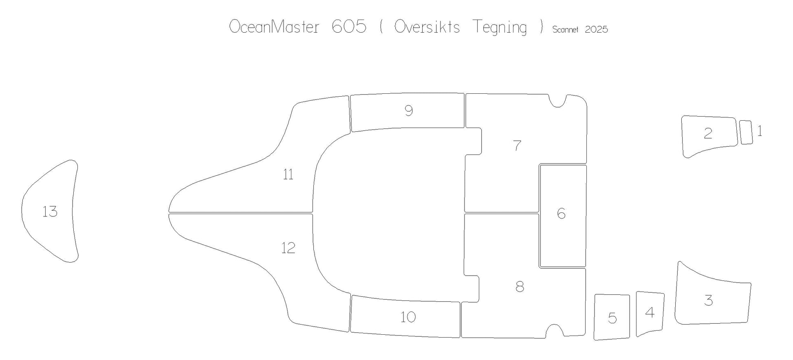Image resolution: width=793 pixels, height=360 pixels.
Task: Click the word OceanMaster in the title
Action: pos(274,27)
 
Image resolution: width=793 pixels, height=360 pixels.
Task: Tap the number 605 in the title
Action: pos(349,27)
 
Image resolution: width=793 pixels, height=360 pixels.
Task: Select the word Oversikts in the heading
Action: pos(427,27)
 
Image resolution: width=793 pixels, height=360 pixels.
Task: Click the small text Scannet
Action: pos(565,29)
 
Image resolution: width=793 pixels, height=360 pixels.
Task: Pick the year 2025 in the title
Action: pos(596,29)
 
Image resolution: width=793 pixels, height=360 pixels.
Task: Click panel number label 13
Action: pos(50,212)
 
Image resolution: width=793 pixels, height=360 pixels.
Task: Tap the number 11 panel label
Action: pos(288,174)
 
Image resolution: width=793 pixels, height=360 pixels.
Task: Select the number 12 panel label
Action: pos(288,248)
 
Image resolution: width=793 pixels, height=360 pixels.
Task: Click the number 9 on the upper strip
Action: pos(409,110)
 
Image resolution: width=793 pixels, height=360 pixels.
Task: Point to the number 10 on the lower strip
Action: pos(408,317)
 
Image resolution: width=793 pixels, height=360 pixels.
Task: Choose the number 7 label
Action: pos(517,146)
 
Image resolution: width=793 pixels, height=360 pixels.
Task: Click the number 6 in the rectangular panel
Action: pos(562,213)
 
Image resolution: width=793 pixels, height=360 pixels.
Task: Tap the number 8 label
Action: pos(520,287)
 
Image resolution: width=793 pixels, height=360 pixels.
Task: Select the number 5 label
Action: pos(612,318)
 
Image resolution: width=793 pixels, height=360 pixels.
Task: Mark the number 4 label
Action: pos(650,313)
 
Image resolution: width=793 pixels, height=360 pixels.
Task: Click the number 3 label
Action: pos(709,300)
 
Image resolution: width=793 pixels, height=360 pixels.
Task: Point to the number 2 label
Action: pos(708,133)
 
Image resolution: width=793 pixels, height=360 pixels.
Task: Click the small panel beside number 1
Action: pos(746,132)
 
